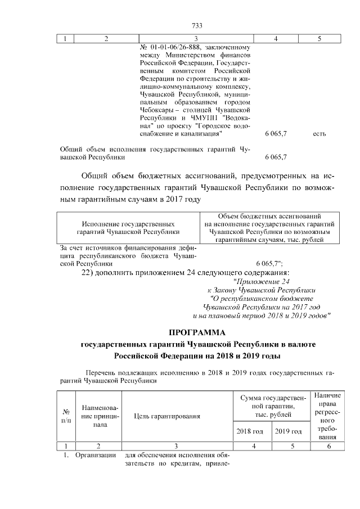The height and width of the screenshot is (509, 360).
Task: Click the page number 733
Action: [197, 25]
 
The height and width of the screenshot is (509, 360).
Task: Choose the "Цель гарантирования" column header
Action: [167, 416]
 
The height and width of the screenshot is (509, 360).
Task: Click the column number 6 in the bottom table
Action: [328, 446]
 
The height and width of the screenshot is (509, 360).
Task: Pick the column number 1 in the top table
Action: [66, 39]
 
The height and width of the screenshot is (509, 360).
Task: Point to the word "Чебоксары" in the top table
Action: [156, 111]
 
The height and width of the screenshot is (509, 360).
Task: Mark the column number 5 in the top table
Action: [319, 39]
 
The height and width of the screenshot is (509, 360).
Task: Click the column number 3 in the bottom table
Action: [176, 446]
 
